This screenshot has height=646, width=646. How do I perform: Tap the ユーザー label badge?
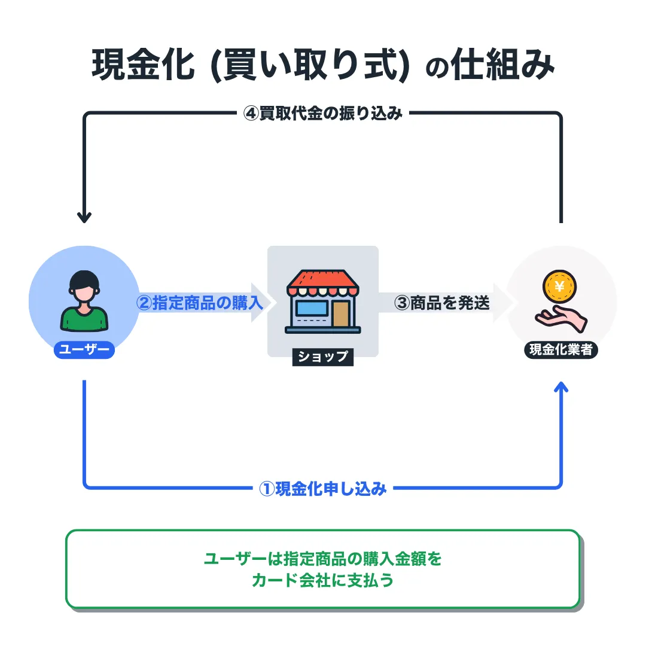pyautogui.click(x=84, y=350)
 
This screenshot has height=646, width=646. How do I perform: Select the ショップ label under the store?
pyautogui.click(x=323, y=356)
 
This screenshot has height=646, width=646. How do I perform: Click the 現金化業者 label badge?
pyautogui.click(x=560, y=350)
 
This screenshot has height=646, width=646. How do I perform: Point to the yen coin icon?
pyautogui.click(x=560, y=287)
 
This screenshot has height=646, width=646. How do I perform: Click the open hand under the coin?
pyautogui.click(x=560, y=317)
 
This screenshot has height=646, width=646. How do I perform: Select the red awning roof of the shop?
pyautogui.click(x=323, y=281)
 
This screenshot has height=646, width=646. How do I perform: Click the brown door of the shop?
pyautogui.click(x=341, y=313)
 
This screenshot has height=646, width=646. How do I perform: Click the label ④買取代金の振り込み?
pyautogui.click(x=323, y=114)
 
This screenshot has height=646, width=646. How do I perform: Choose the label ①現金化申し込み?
pyautogui.click(x=323, y=489)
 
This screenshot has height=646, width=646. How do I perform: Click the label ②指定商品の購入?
pyautogui.click(x=200, y=303)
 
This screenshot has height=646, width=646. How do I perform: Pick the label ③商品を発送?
pyautogui.click(x=443, y=303)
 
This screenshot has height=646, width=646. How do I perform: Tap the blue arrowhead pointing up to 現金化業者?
pyautogui.click(x=561, y=389)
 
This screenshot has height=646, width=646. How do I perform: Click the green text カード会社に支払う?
pyautogui.click(x=323, y=580)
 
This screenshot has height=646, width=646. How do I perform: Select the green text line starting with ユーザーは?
pyautogui.click(x=323, y=559)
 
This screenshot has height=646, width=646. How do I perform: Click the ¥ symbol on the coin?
pyautogui.click(x=560, y=285)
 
